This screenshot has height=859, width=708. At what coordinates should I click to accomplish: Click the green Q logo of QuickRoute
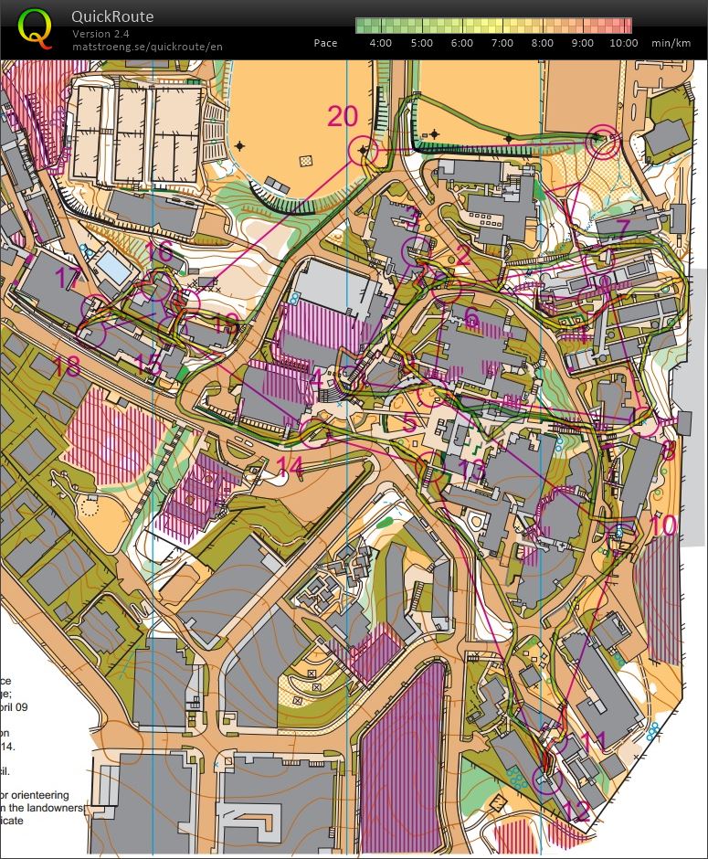(35, 28)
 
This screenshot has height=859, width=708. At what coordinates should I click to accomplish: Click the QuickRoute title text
(112, 16)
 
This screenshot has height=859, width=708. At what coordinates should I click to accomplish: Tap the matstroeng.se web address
(146, 46)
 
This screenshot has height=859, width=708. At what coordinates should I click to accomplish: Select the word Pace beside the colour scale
(325, 43)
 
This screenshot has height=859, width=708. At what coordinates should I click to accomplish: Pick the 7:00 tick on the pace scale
(502, 43)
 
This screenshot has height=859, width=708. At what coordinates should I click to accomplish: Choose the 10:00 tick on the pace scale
(622, 43)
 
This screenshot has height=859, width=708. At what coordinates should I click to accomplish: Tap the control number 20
(343, 116)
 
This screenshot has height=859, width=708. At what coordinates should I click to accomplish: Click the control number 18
(67, 366)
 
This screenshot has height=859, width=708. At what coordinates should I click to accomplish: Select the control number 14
(290, 466)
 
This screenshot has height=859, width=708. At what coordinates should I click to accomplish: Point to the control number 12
(577, 810)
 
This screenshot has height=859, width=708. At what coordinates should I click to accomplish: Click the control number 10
(663, 525)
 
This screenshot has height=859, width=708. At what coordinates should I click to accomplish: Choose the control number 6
(471, 316)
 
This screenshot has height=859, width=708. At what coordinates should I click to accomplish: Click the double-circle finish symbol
(604, 141)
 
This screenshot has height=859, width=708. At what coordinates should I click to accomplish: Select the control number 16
(159, 250)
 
